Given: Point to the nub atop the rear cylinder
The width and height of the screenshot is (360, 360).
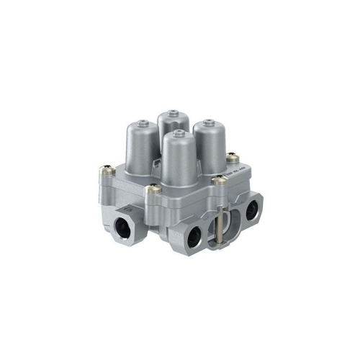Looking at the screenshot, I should point(171,112).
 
